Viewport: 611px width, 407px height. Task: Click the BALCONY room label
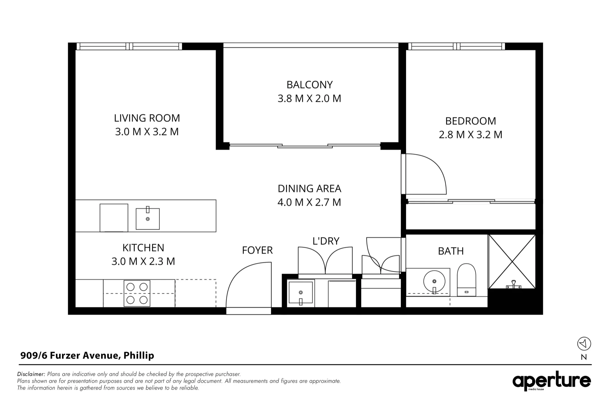(309, 85)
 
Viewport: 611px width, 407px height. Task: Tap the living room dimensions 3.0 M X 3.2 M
(147, 132)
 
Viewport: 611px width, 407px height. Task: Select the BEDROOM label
(470, 121)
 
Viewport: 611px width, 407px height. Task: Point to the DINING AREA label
(309, 189)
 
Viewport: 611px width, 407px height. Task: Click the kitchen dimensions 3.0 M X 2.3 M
(143, 261)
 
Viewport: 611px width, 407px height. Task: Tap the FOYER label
(257, 250)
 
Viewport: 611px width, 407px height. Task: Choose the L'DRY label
(326, 241)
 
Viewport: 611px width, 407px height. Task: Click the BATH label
(451, 251)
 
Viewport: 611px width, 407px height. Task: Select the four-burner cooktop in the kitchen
(137, 294)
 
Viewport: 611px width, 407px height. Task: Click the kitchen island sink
(148, 218)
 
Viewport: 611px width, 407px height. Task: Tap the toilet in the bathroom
(466, 280)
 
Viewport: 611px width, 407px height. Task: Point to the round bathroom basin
(434, 282)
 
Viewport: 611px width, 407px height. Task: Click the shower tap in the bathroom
(514, 285)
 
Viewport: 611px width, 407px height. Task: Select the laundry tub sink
(301, 293)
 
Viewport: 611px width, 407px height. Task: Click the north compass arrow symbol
(584, 344)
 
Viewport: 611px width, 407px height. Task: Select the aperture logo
(552, 381)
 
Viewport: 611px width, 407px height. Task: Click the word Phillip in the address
(139, 356)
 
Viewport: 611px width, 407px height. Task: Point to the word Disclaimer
(31, 374)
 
